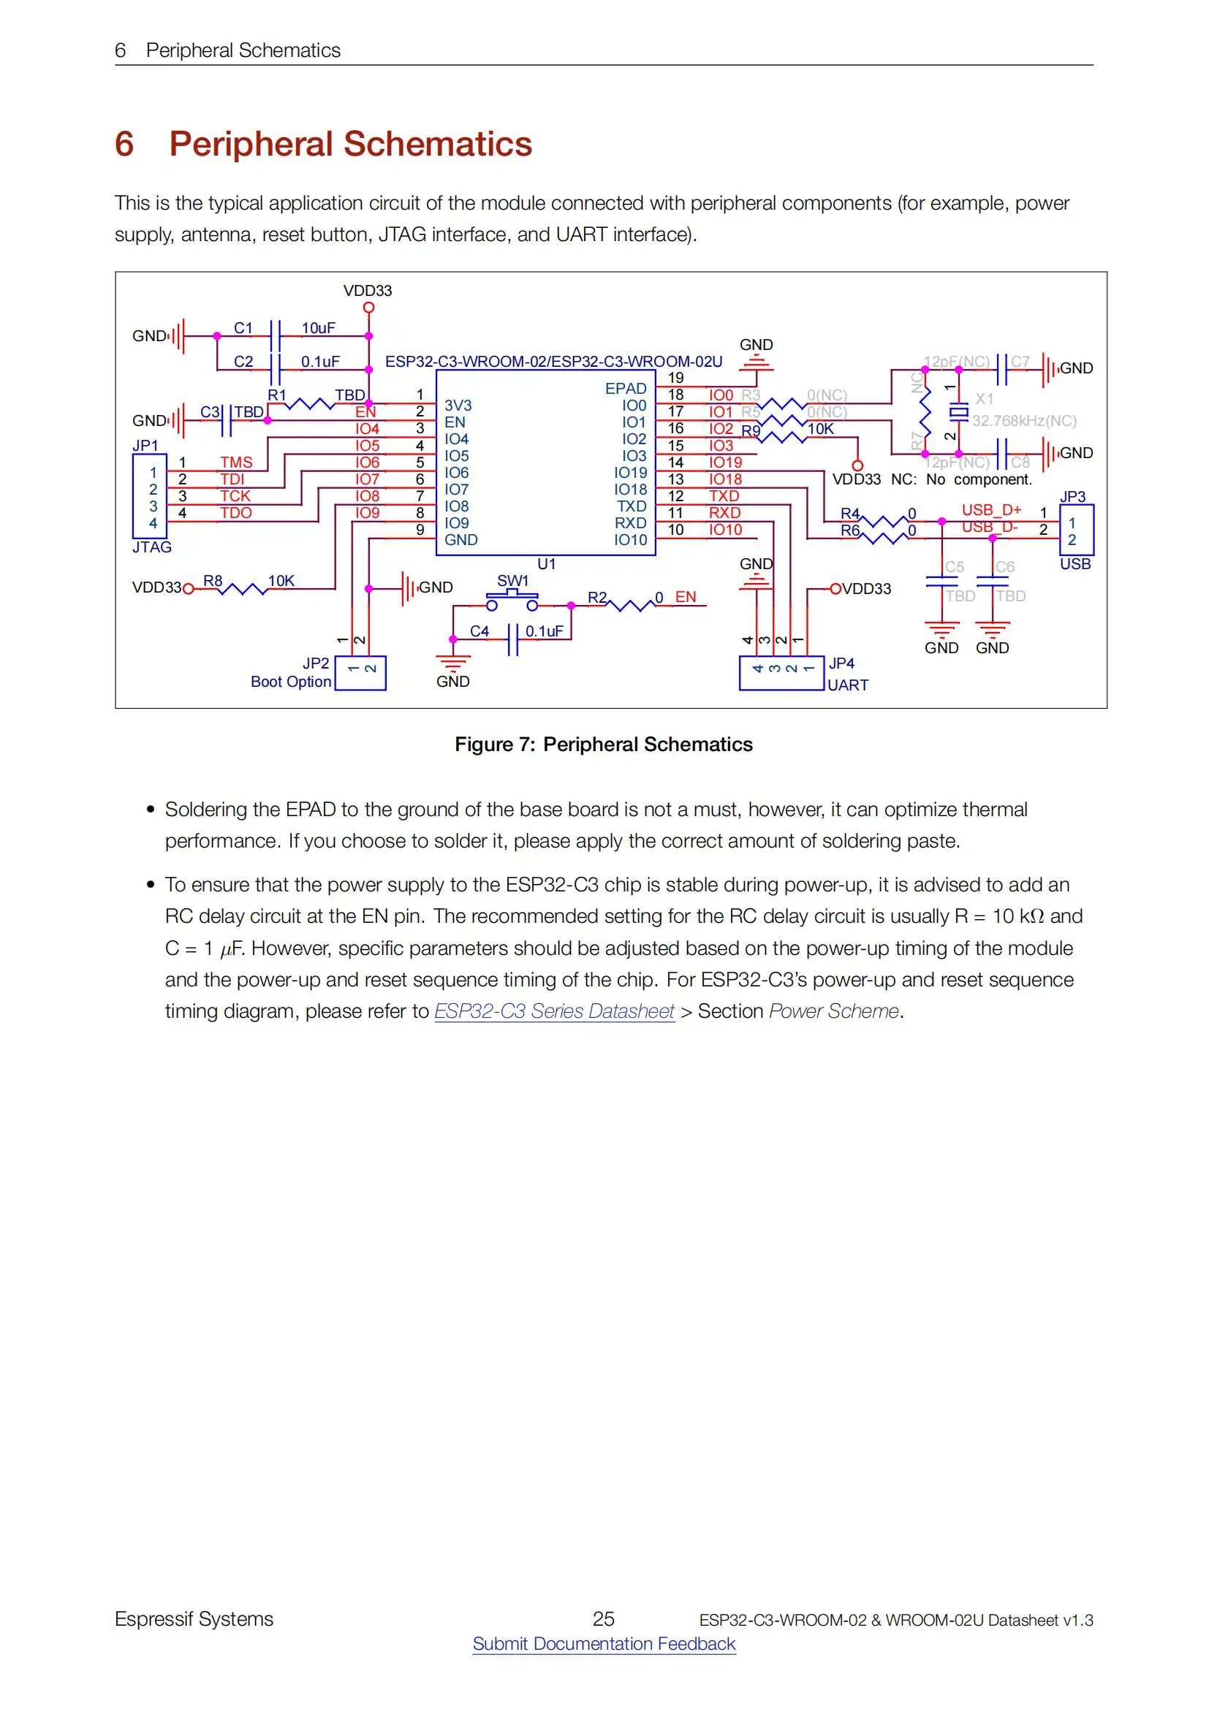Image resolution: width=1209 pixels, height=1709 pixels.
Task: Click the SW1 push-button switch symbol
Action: (x=512, y=598)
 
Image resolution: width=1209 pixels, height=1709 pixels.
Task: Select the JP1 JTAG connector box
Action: (x=150, y=496)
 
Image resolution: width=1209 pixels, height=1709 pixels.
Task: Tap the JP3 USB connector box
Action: (x=1076, y=530)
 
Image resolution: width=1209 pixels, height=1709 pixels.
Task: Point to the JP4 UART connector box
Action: (x=781, y=672)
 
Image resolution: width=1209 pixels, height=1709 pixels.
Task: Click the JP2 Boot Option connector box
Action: (x=360, y=672)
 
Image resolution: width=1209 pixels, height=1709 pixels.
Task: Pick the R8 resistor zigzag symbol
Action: (x=241, y=589)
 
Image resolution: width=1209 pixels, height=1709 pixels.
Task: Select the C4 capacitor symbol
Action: (x=512, y=639)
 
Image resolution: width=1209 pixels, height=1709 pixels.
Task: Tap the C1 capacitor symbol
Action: (x=276, y=335)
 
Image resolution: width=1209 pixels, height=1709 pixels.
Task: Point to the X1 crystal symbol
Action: (x=959, y=411)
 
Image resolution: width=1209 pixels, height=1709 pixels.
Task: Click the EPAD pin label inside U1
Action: (x=626, y=389)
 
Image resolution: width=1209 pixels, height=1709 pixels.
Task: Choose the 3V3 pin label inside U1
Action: (x=458, y=406)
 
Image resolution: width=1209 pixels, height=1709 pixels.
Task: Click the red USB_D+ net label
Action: (x=991, y=510)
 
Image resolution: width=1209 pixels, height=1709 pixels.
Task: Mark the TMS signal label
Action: (x=236, y=463)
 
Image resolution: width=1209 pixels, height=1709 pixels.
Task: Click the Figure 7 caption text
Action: (x=604, y=745)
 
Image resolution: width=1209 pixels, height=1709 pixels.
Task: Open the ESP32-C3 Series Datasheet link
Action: (x=554, y=1010)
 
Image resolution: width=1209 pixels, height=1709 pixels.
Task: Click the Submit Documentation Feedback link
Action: (x=604, y=1643)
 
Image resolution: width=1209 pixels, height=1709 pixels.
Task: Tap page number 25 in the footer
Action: (x=603, y=1618)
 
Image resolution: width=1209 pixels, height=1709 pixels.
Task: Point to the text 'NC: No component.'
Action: (x=961, y=479)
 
